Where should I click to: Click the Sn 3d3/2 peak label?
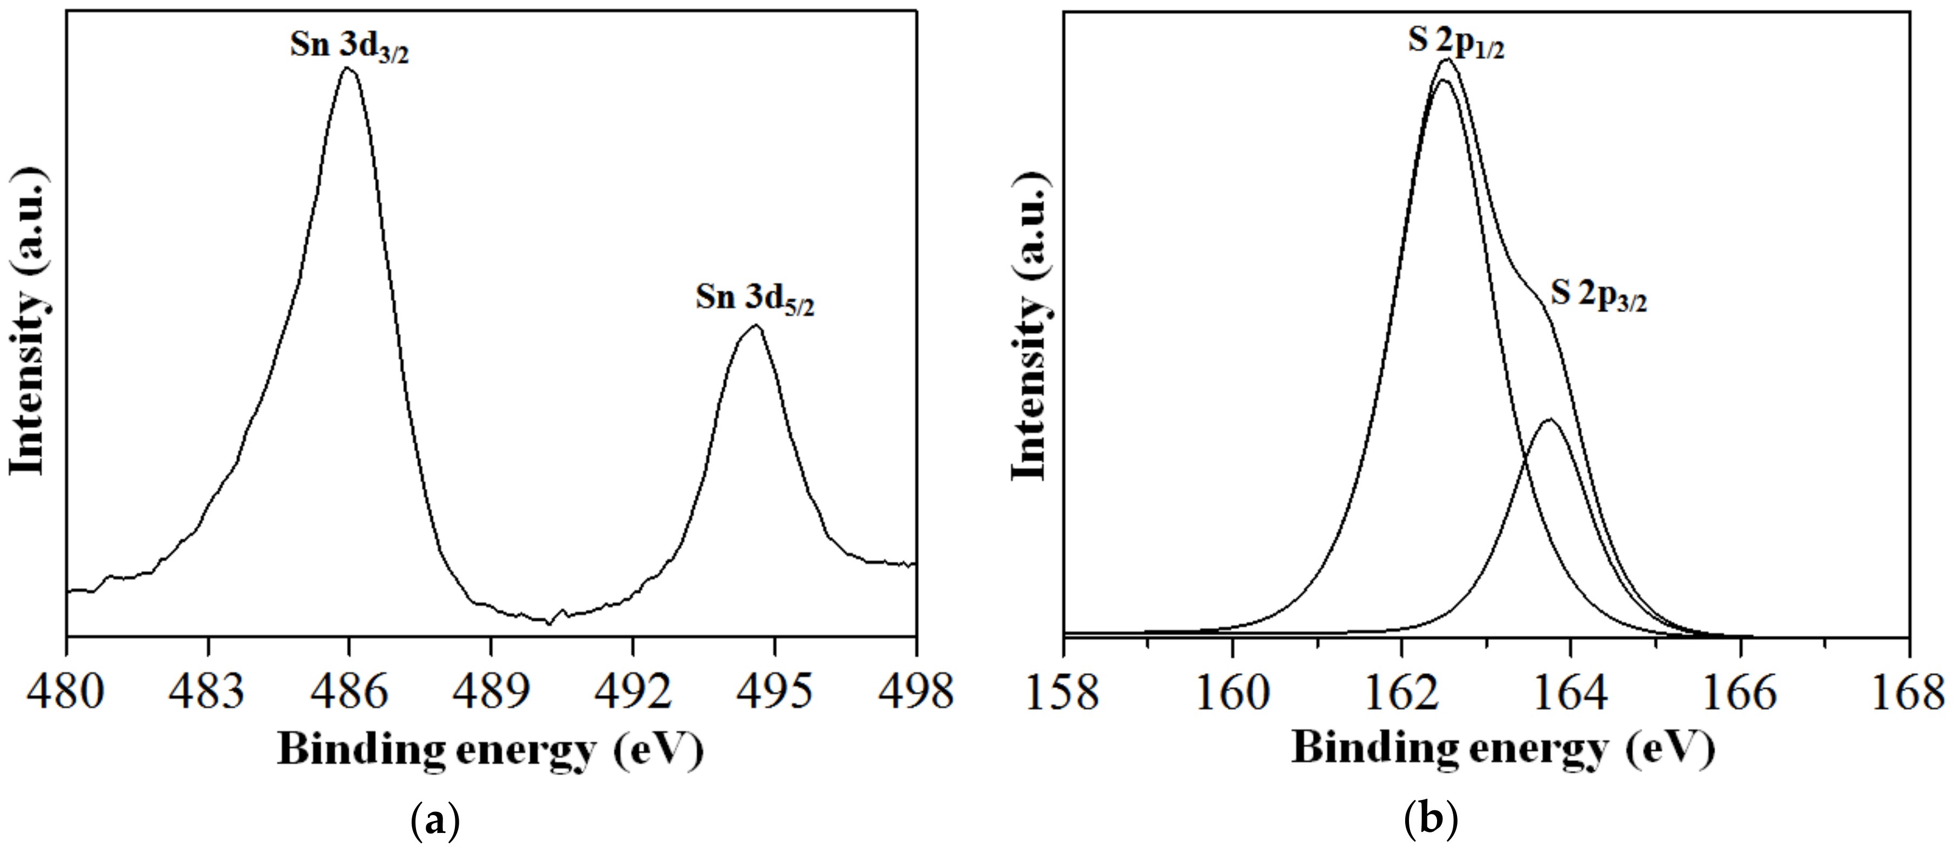point(349,47)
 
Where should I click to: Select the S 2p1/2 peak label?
point(1455,42)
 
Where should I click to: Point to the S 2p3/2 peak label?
point(1598,295)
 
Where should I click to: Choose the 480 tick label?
point(65,692)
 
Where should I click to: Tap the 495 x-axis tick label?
point(774,692)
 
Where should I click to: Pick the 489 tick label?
point(491,692)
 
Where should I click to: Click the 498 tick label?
point(915,692)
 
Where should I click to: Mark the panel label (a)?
point(434,821)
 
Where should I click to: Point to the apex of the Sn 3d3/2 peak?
point(348,68)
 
